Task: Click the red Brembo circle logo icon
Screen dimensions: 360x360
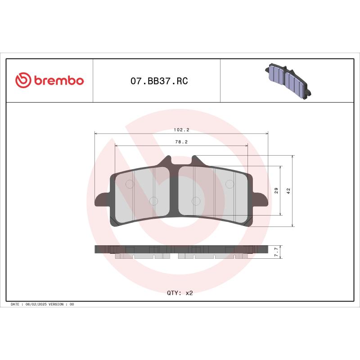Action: pos(23,81)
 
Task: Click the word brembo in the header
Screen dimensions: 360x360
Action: pos(58,81)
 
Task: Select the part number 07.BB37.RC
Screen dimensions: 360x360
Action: pos(159,81)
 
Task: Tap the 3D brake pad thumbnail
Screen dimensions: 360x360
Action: pos(287,80)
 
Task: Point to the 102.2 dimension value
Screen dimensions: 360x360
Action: pos(181,130)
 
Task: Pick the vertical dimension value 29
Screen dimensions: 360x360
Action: pos(276,190)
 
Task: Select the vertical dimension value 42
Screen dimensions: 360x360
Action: pos(288,190)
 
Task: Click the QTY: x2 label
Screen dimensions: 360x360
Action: pos(180,292)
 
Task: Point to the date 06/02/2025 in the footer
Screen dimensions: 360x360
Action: pos(36,305)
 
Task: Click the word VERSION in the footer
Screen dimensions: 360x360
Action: pos(55,305)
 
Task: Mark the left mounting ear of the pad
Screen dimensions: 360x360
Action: pos(102,200)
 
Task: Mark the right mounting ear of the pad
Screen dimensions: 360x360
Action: pos(261,200)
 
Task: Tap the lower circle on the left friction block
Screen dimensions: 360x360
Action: pos(153,201)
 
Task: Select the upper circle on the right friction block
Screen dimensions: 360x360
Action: pos(230,184)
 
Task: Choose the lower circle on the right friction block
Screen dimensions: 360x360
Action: pos(196,201)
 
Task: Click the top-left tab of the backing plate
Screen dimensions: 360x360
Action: pos(166,161)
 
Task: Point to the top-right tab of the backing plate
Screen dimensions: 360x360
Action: pos(195,161)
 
